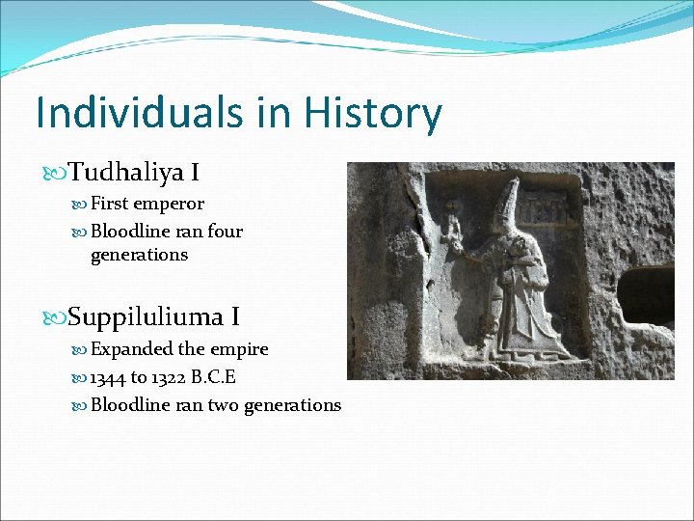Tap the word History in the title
pos(373,113)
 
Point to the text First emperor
pos(147,205)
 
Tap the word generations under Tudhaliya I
pos(139,255)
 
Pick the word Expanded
pos(133,348)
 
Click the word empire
pos(241,348)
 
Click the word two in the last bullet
pos(224,405)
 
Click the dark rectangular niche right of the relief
pos(645,293)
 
